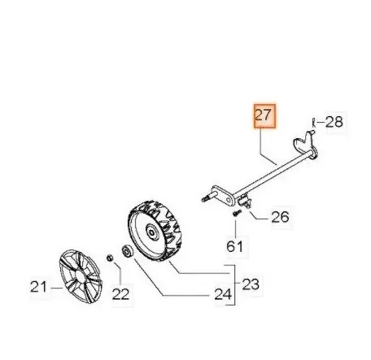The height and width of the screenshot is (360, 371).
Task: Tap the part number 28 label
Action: tap(334, 122)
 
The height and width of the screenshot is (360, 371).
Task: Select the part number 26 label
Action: tap(281, 217)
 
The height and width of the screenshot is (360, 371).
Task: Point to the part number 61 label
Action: tap(235, 246)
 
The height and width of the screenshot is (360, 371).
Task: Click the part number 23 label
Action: tap(251, 284)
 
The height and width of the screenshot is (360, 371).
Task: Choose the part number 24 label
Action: tap(223, 294)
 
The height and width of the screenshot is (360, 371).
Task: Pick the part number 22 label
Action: tap(120, 294)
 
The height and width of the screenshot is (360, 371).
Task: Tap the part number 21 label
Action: tap(38, 287)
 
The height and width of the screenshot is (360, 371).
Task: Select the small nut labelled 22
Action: tap(110, 258)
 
